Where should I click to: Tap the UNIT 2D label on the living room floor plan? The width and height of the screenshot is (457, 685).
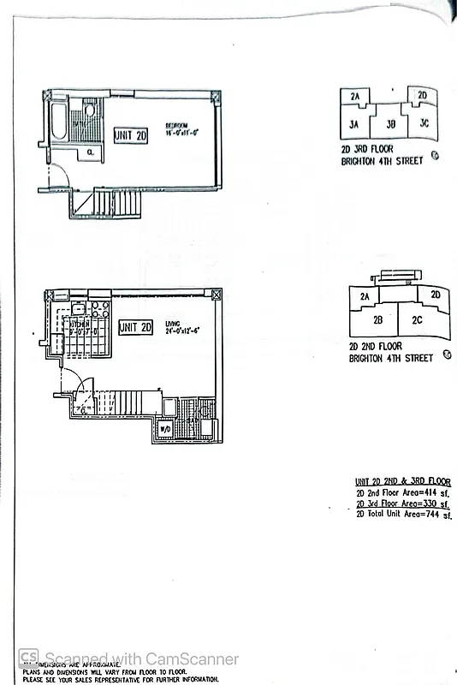click(x=135, y=327)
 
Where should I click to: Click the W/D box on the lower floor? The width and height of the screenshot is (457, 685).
click(x=166, y=426)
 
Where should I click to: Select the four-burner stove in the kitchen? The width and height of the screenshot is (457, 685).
click(x=98, y=309)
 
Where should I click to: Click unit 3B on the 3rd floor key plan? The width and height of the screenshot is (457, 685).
click(x=390, y=124)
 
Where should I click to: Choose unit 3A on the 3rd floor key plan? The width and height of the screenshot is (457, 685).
click(x=353, y=124)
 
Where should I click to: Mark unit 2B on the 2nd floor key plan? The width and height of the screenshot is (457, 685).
click(x=377, y=320)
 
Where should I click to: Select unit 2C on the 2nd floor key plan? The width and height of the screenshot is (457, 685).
click(x=417, y=320)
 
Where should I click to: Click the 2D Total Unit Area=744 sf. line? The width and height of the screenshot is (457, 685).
click(x=402, y=516)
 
